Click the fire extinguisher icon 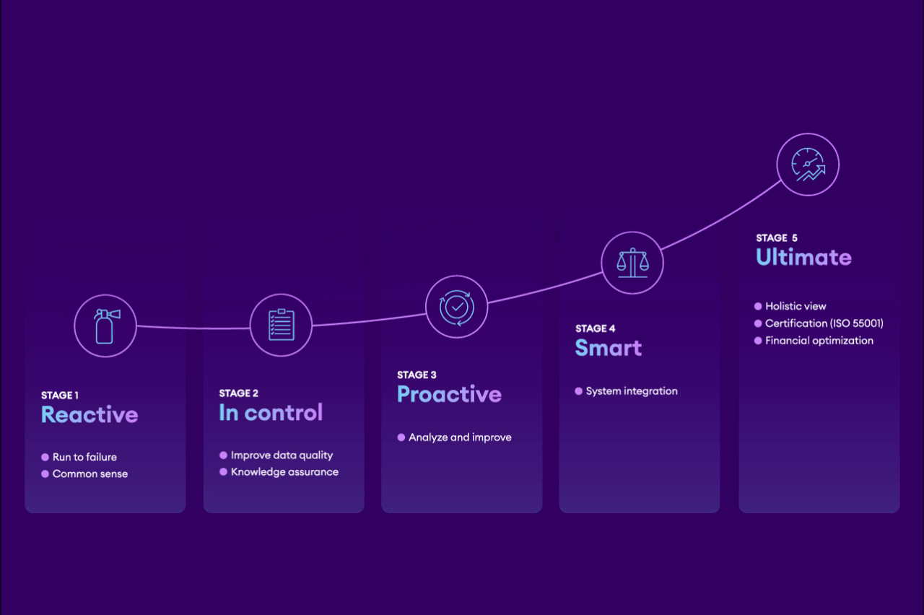(x=106, y=326)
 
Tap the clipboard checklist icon (x=282, y=325)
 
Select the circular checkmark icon (x=457, y=307)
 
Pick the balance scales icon (x=632, y=263)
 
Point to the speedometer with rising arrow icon (x=808, y=164)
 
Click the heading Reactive (x=90, y=414)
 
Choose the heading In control (x=271, y=412)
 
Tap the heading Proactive (x=449, y=394)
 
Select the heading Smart (x=609, y=348)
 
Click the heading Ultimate (x=803, y=257)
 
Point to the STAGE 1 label (x=60, y=395)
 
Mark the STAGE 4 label (x=596, y=328)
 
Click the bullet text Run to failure (x=84, y=457)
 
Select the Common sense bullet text (x=90, y=474)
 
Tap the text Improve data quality (x=282, y=455)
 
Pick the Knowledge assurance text (x=284, y=472)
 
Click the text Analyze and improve (x=460, y=437)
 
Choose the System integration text (x=632, y=391)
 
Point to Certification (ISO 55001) (x=824, y=323)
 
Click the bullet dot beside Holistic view (x=758, y=306)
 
